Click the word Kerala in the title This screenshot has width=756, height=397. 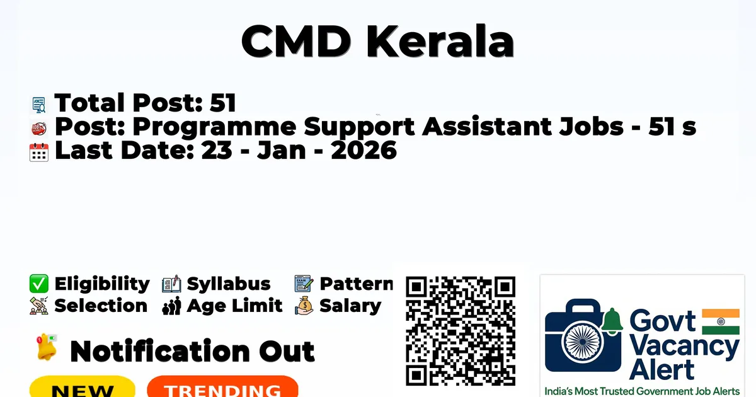(440, 41)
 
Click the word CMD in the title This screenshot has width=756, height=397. (296, 41)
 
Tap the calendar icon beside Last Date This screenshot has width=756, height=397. (39, 152)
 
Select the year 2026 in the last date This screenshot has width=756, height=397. (364, 150)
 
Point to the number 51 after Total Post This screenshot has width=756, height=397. (223, 102)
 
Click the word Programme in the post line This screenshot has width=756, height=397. (214, 127)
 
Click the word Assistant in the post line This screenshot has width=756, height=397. (486, 126)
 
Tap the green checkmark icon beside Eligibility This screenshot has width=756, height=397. (39, 284)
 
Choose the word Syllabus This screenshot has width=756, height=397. (229, 284)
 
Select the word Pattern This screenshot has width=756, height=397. (356, 284)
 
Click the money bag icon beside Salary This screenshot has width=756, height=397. (304, 306)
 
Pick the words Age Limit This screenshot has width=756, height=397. (234, 306)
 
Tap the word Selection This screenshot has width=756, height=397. (101, 306)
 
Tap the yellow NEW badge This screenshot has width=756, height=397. (83, 387)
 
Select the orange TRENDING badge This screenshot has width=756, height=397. (223, 387)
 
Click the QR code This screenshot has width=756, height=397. (461, 331)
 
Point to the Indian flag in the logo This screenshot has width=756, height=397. (721, 322)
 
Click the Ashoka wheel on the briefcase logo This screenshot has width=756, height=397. (583, 342)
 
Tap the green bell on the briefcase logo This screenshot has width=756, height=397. (612, 321)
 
